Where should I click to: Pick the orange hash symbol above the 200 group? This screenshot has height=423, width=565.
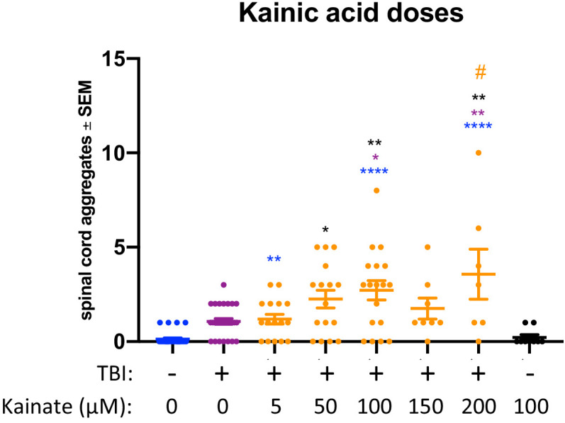pos(481,72)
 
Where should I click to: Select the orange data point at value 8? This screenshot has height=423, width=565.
pos(376,191)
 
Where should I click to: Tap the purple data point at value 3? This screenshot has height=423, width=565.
pos(223,285)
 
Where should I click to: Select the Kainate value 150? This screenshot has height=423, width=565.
pos(427,407)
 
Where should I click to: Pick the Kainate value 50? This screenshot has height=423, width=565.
pos(325,407)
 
